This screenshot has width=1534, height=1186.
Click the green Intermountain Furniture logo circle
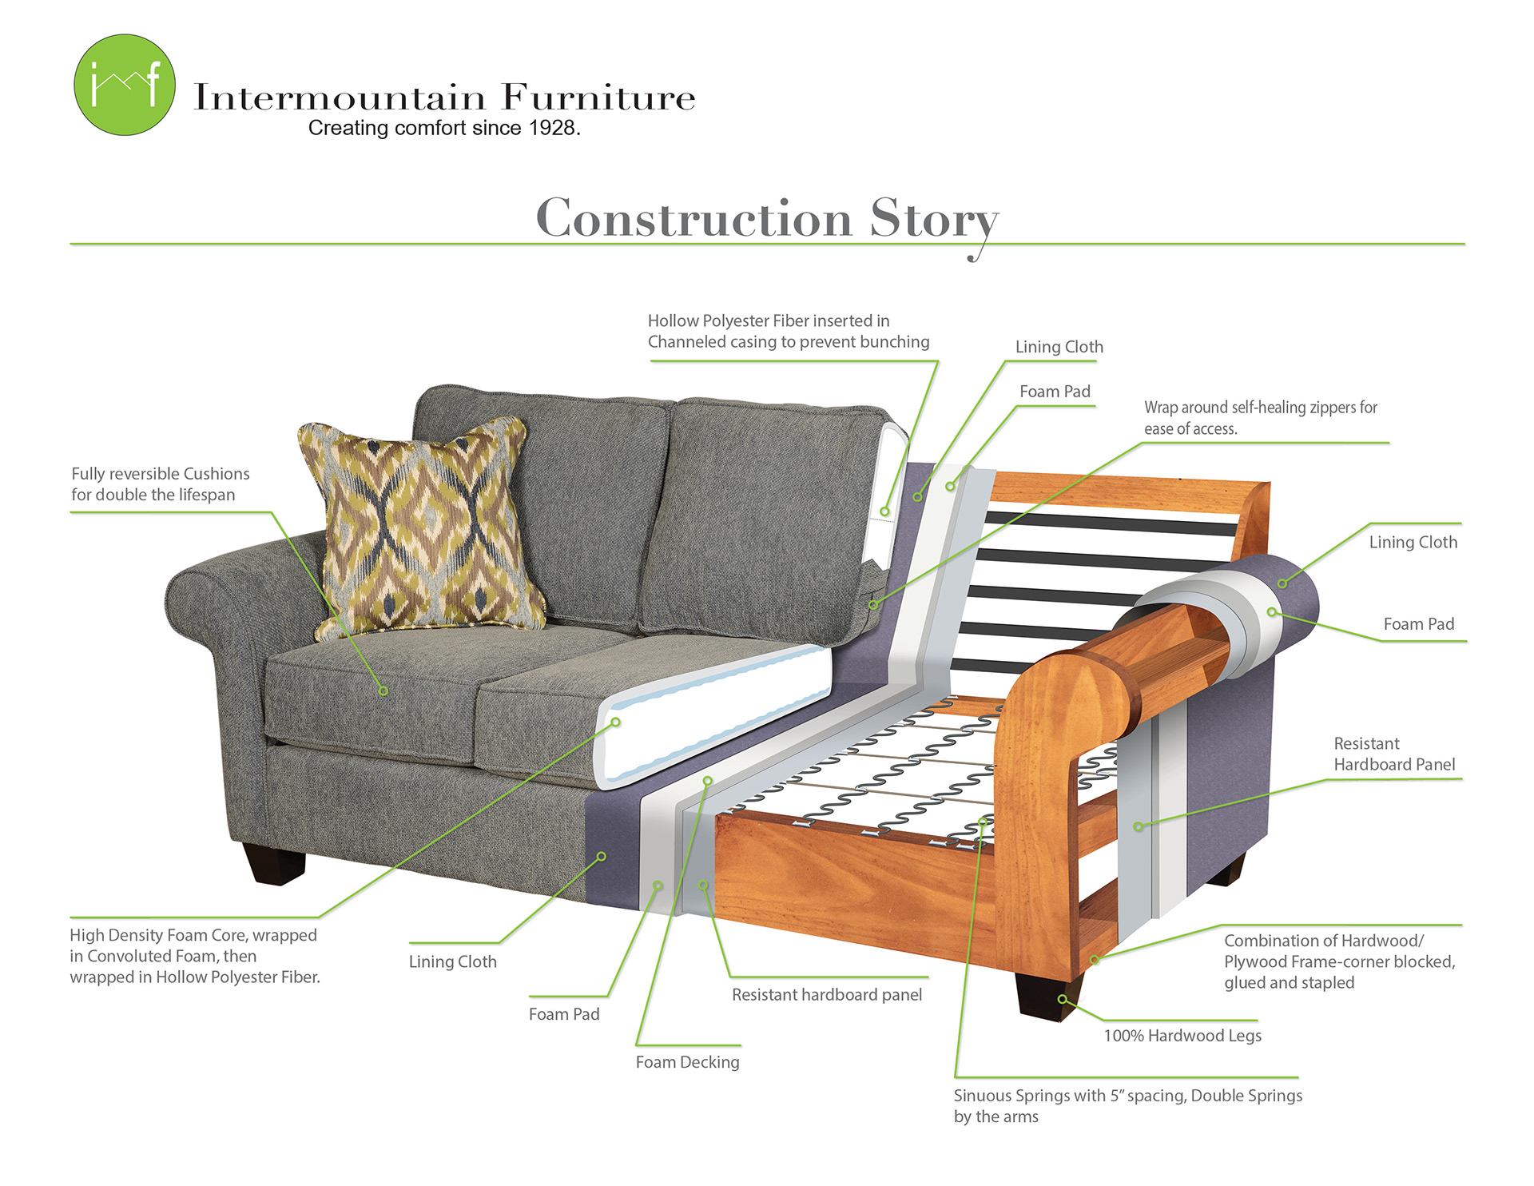(x=125, y=85)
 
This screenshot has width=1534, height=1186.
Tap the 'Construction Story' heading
(x=767, y=217)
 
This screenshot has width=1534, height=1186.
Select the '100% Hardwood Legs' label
(x=1182, y=1036)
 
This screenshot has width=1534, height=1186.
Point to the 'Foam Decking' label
(x=687, y=1062)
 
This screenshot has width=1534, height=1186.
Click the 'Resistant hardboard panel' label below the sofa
(x=827, y=995)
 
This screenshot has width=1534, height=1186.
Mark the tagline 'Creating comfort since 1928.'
(x=444, y=128)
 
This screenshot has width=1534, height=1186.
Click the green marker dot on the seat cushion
(x=383, y=691)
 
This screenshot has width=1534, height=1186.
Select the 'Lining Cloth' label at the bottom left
(x=452, y=961)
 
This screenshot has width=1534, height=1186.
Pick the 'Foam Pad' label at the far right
(x=1418, y=624)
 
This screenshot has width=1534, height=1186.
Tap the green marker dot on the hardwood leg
(x=1062, y=999)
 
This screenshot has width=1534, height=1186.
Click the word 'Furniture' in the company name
(x=598, y=98)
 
